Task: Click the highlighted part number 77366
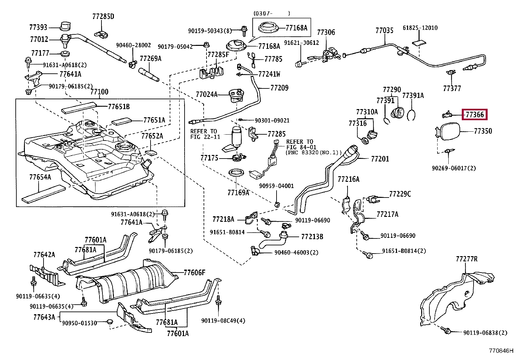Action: (475, 115)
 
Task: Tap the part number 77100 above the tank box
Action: (99, 92)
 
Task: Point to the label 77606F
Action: (194, 273)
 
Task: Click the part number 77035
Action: (384, 31)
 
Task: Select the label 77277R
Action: (466, 259)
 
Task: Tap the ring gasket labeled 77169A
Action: (235, 173)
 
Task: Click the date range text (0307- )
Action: (272, 13)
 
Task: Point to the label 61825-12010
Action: (420, 28)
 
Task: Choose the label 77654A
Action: (40, 177)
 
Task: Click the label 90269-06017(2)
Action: (454, 168)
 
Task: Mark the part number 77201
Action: (380, 159)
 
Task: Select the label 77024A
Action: (207, 95)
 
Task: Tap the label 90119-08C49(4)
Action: (223, 321)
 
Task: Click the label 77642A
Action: (44, 255)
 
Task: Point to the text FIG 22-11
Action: (205, 137)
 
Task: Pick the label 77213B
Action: (312, 237)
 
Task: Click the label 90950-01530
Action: (80, 323)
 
